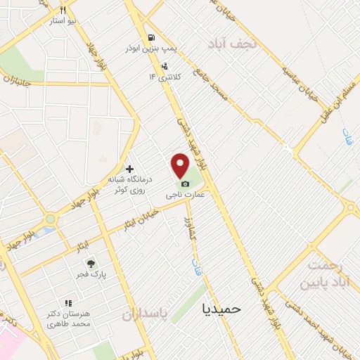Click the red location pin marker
[181, 166]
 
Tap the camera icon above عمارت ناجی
[185, 184]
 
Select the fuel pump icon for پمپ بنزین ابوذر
[150, 37]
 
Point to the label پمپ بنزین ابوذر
[149, 49]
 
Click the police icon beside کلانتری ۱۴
[165, 67]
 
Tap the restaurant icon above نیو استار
[63, 10]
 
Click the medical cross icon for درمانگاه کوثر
[129, 169]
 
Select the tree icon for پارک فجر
[90, 264]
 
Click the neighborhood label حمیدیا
[221, 308]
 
